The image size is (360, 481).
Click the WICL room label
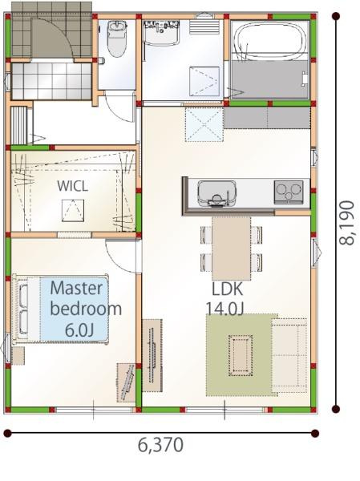(72, 186)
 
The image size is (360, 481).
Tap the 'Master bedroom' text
(86, 298)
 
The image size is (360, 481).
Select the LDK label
(228, 289)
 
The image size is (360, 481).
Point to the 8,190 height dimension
(346, 222)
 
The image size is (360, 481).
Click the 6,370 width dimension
(160, 445)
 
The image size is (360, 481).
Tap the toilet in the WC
(116, 39)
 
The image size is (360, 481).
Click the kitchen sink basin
(217, 193)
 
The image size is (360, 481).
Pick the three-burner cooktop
(289, 192)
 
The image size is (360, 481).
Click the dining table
(232, 249)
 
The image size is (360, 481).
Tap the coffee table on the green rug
(241, 355)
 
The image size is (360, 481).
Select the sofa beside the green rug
(289, 355)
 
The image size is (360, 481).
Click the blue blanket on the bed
(75, 309)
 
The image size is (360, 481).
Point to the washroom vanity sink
(161, 34)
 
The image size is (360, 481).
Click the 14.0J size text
(224, 309)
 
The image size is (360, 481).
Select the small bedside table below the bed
(18, 356)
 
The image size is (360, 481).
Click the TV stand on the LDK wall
(152, 355)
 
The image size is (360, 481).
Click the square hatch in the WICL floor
(73, 210)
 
